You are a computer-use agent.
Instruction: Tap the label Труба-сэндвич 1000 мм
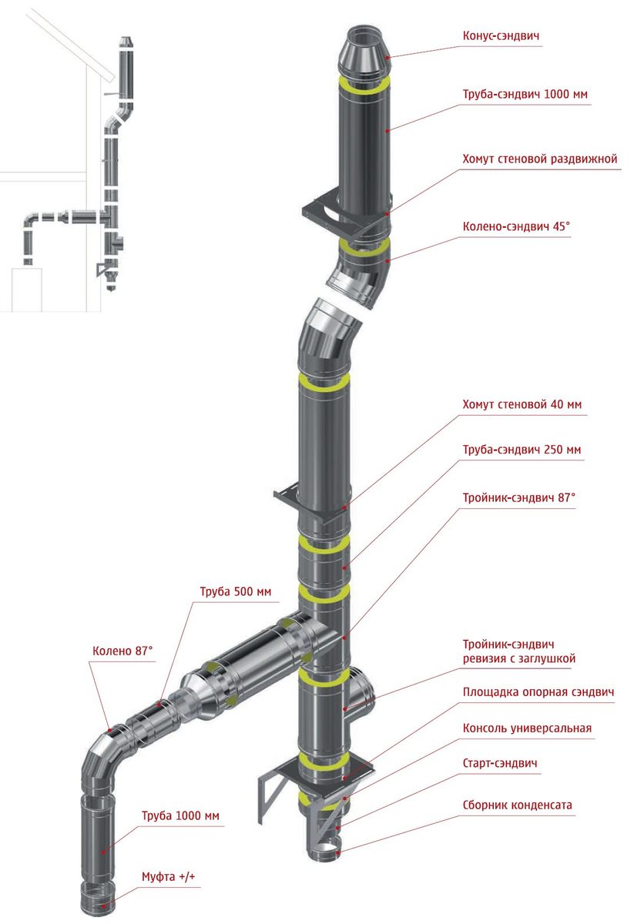pyautogui.click(x=525, y=94)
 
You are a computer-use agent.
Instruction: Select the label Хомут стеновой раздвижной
pyautogui.click(x=540, y=159)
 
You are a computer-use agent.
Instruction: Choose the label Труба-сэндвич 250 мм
pyautogui.click(x=522, y=449)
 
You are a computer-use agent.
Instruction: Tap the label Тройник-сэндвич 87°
pyautogui.click(x=519, y=497)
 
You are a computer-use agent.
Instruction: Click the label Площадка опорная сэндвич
pyautogui.click(x=538, y=693)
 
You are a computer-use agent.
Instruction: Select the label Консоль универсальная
pyautogui.click(x=527, y=728)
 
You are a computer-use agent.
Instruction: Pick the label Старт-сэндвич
pyautogui.click(x=501, y=763)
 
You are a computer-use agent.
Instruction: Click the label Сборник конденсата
pyautogui.click(x=518, y=805)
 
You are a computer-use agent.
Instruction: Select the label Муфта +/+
pyautogui.click(x=169, y=877)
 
